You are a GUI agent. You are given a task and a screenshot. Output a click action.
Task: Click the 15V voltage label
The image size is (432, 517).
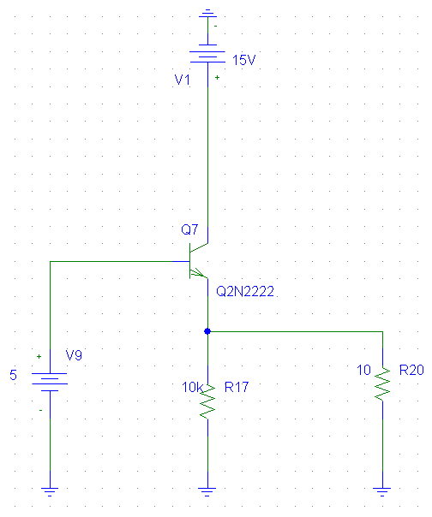pyautogui.click(x=244, y=60)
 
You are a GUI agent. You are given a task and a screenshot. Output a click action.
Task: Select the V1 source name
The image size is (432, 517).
pyautogui.click(x=182, y=80)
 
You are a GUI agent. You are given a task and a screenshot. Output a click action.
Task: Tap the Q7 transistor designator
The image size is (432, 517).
pyautogui.click(x=189, y=229)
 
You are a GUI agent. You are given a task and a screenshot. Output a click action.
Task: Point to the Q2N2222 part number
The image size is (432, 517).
pyautogui.click(x=245, y=291)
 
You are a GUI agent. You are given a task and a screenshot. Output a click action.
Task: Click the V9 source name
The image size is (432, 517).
pyautogui.click(x=74, y=355)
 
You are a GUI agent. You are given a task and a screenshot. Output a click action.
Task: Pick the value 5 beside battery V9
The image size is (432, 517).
pyautogui.click(x=13, y=375)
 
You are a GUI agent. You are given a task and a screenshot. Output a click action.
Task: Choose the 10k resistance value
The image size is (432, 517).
pyautogui.click(x=192, y=387)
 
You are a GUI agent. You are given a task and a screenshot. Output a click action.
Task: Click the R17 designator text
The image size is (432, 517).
pyautogui.click(x=237, y=387)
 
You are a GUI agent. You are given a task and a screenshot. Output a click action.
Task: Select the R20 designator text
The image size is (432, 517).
pyautogui.click(x=411, y=370)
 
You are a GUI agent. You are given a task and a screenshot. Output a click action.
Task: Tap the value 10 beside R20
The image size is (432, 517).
pyautogui.click(x=364, y=370)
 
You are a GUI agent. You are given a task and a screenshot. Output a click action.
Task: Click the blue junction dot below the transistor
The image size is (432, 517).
pyautogui.click(x=207, y=331)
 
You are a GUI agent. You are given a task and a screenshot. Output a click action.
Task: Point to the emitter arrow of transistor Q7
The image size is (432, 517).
pyautogui.click(x=198, y=272)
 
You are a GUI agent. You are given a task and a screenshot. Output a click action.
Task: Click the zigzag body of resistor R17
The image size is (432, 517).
pyautogui.click(x=207, y=401)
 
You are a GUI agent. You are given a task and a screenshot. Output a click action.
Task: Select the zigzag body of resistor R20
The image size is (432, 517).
pyautogui.click(x=382, y=384)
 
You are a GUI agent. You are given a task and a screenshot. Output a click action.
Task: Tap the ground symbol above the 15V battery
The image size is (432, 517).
pyautogui.click(x=207, y=13)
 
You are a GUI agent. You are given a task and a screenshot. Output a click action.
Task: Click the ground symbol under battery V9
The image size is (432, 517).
pyautogui.click(x=50, y=491)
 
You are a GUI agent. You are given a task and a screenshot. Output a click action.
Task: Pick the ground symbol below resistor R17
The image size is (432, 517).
pyautogui.click(x=207, y=491)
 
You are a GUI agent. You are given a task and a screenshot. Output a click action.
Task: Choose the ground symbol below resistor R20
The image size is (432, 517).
pyautogui.click(x=382, y=491)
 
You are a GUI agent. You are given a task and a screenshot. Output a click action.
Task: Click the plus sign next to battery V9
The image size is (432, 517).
pyautogui.click(x=39, y=356)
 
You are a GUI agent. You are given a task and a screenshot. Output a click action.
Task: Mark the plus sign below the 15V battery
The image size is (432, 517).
pyautogui.click(x=217, y=78)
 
